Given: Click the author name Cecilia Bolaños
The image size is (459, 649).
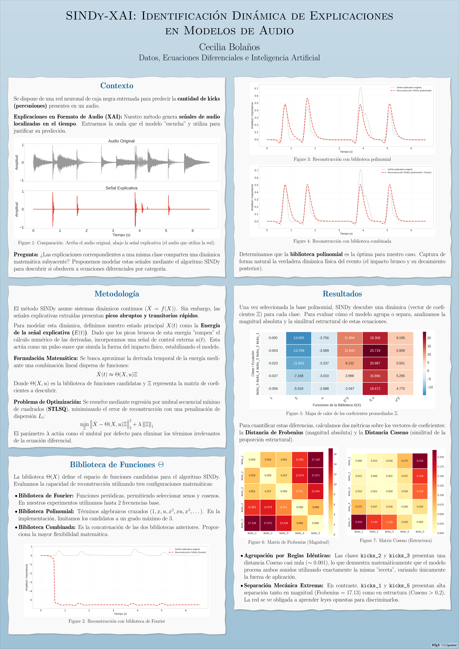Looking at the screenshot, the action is point(230,47).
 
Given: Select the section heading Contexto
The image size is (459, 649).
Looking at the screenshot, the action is point(117,86).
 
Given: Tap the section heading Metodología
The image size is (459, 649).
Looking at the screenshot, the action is point(117,294).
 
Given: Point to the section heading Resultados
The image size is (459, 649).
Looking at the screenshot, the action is point(342,294).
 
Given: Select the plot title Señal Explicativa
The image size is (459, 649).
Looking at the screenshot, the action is point(122,188).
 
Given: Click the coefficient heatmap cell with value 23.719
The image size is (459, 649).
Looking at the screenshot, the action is point(375,350).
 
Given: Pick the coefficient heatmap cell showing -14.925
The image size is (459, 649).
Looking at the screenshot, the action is point(298,338).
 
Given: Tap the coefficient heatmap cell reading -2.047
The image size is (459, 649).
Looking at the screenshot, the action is point(350,389).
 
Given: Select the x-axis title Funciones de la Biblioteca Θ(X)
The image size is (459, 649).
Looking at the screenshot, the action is point(337,405).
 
